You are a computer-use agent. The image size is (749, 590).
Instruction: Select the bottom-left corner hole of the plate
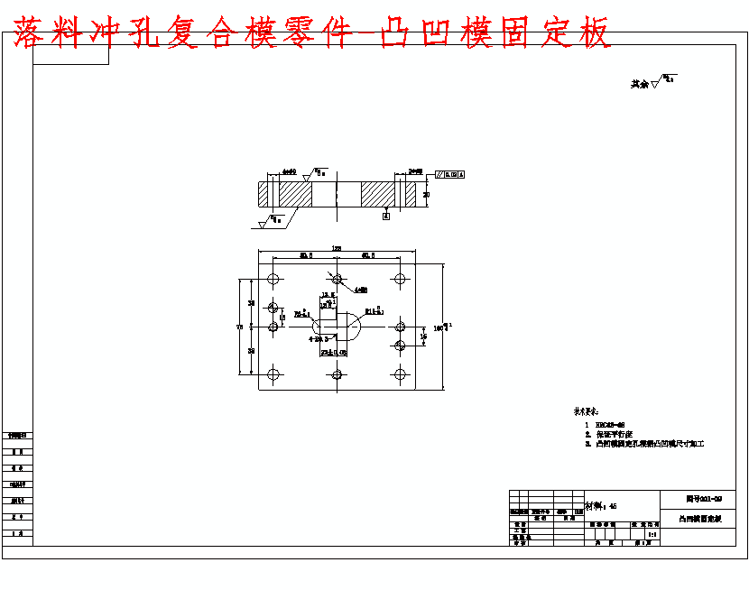coord(273,373)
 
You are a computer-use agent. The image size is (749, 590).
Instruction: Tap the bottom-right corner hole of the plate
coord(399,373)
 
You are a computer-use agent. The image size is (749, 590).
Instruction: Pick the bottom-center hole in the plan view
coord(337,373)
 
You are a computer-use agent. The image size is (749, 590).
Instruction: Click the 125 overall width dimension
coord(336,248)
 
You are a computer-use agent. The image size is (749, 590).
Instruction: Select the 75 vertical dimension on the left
coord(239,327)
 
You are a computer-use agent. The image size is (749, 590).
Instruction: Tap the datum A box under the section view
coord(386,216)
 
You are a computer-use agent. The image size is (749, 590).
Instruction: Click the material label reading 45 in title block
coord(602,506)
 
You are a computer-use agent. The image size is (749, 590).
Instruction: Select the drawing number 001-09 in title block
coord(704,498)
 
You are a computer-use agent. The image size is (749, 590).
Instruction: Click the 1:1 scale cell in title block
coord(651,534)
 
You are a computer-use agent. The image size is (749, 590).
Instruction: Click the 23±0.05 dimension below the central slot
coord(333,353)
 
